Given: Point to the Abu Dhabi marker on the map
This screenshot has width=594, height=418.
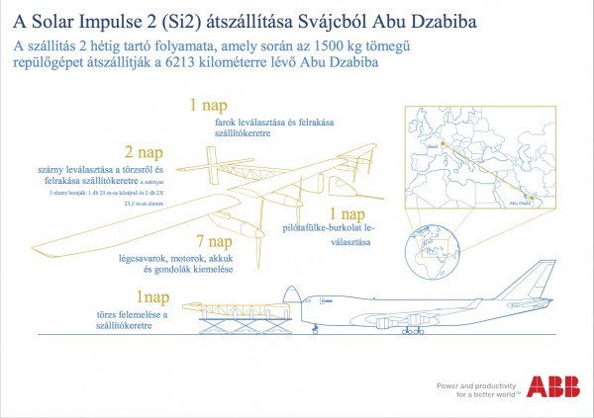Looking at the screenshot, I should click(532, 202).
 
